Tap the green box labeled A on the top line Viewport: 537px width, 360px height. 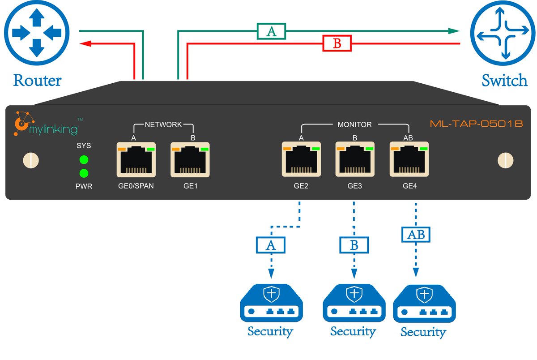tap(271, 31)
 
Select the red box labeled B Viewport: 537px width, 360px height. tap(337, 43)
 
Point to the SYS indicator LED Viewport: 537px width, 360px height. tap(84, 160)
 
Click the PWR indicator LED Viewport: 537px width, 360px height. tap(84, 173)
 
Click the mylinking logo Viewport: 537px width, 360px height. tap(47, 124)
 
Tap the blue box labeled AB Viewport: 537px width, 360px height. tap(416, 234)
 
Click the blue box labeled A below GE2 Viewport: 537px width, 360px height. tap(270, 244)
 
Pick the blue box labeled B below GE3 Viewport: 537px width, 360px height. tap(354, 244)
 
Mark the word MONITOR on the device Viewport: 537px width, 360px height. tap(354, 124)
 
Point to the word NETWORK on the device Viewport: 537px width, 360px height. tap(163, 124)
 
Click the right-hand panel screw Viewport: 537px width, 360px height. tap(506, 160)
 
